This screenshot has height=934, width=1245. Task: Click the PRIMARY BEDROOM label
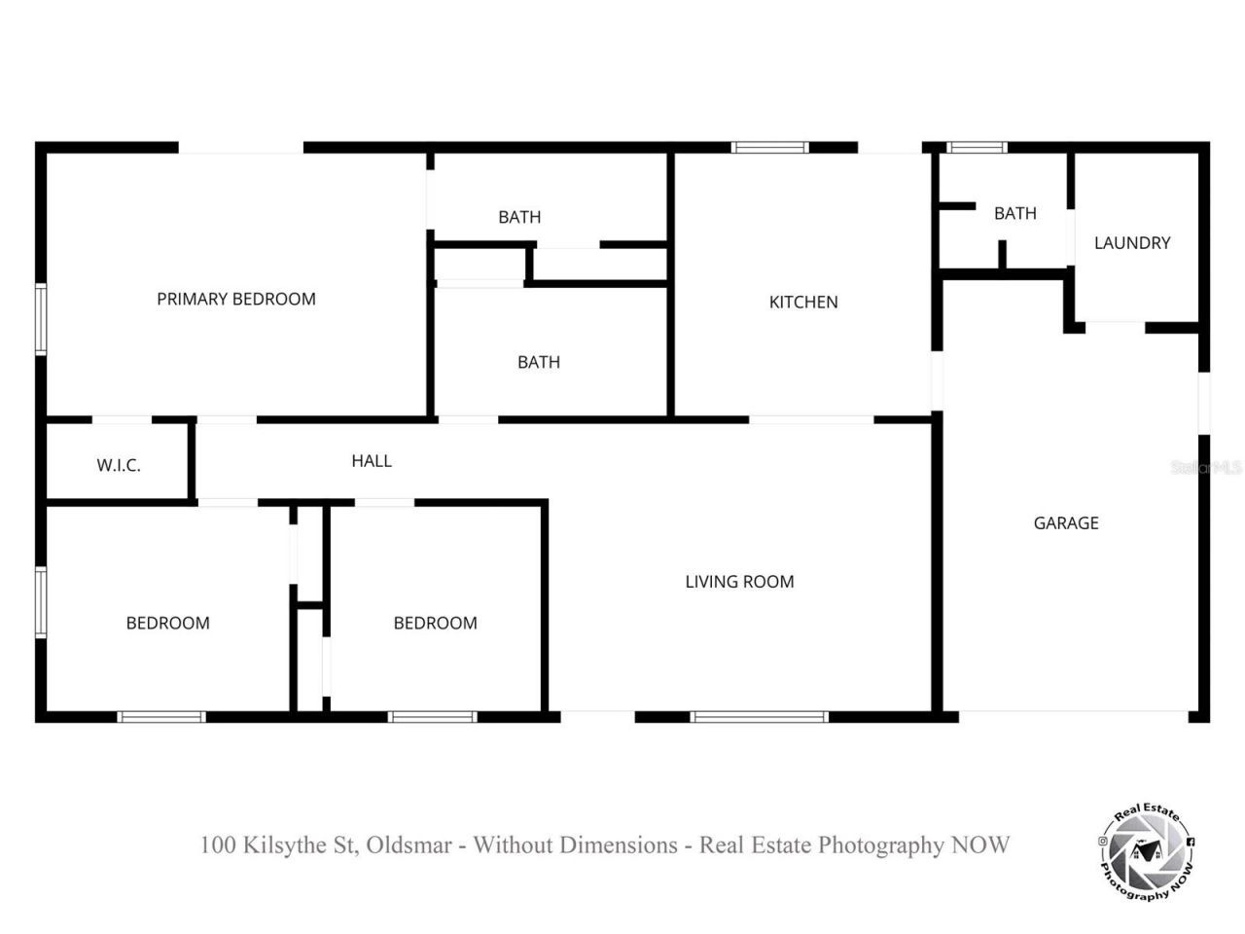point(236,300)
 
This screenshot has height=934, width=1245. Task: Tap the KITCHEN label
point(803,303)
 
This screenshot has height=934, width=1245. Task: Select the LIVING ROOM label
point(739,582)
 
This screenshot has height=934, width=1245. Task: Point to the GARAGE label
point(1066,523)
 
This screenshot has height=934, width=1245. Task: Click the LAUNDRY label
point(1132,243)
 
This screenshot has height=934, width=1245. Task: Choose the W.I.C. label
point(119,466)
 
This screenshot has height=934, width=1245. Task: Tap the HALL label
point(372,461)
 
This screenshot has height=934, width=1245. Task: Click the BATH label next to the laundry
point(1014,214)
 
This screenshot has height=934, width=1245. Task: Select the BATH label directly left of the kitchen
point(538,363)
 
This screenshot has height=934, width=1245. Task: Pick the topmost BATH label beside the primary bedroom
point(519,217)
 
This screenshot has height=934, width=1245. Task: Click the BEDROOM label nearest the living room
point(435,624)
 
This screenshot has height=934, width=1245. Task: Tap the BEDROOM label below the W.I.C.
point(168,624)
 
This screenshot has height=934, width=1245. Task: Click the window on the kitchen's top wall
point(770,148)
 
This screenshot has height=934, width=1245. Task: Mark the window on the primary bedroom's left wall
point(41,318)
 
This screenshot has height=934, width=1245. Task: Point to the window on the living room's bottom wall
point(760,718)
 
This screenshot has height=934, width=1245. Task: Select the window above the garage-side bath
point(978,148)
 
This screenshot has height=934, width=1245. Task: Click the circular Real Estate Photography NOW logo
point(1146,855)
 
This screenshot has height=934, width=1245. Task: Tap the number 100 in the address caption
point(217,844)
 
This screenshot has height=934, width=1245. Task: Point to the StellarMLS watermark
point(1206,468)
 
